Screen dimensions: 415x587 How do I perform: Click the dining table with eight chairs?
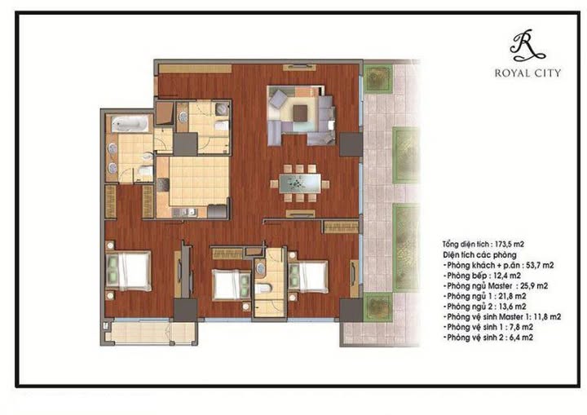tap(300, 181)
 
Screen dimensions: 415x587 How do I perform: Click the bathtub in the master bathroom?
tap(130, 126)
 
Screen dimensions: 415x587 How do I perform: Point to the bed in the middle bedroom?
tap(232, 284)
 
